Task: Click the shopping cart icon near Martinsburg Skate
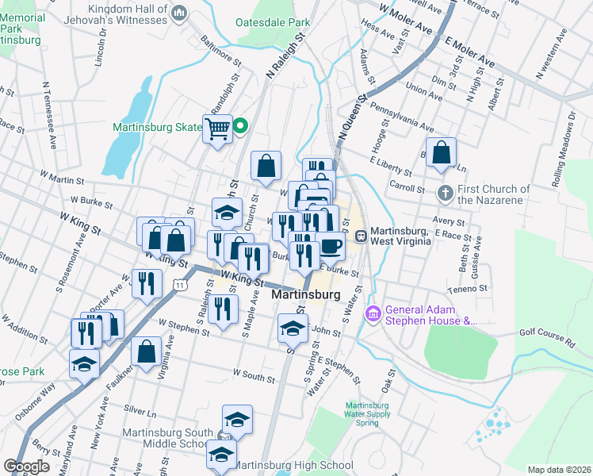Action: click(x=217, y=129)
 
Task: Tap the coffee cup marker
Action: click(x=331, y=245)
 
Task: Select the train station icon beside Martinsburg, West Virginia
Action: click(x=361, y=236)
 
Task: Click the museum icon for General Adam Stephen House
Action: click(x=373, y=315)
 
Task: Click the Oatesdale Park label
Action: click(x=274, y=23)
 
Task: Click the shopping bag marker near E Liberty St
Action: click(x=442, y=152)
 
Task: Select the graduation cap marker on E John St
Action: click(x=293, y=328)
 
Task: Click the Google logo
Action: click(x=26, y=466)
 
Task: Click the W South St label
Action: click(x=254, y=373)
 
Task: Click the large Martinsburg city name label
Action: click(x=306, y=294)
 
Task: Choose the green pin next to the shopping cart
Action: click(x=239, y=125)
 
